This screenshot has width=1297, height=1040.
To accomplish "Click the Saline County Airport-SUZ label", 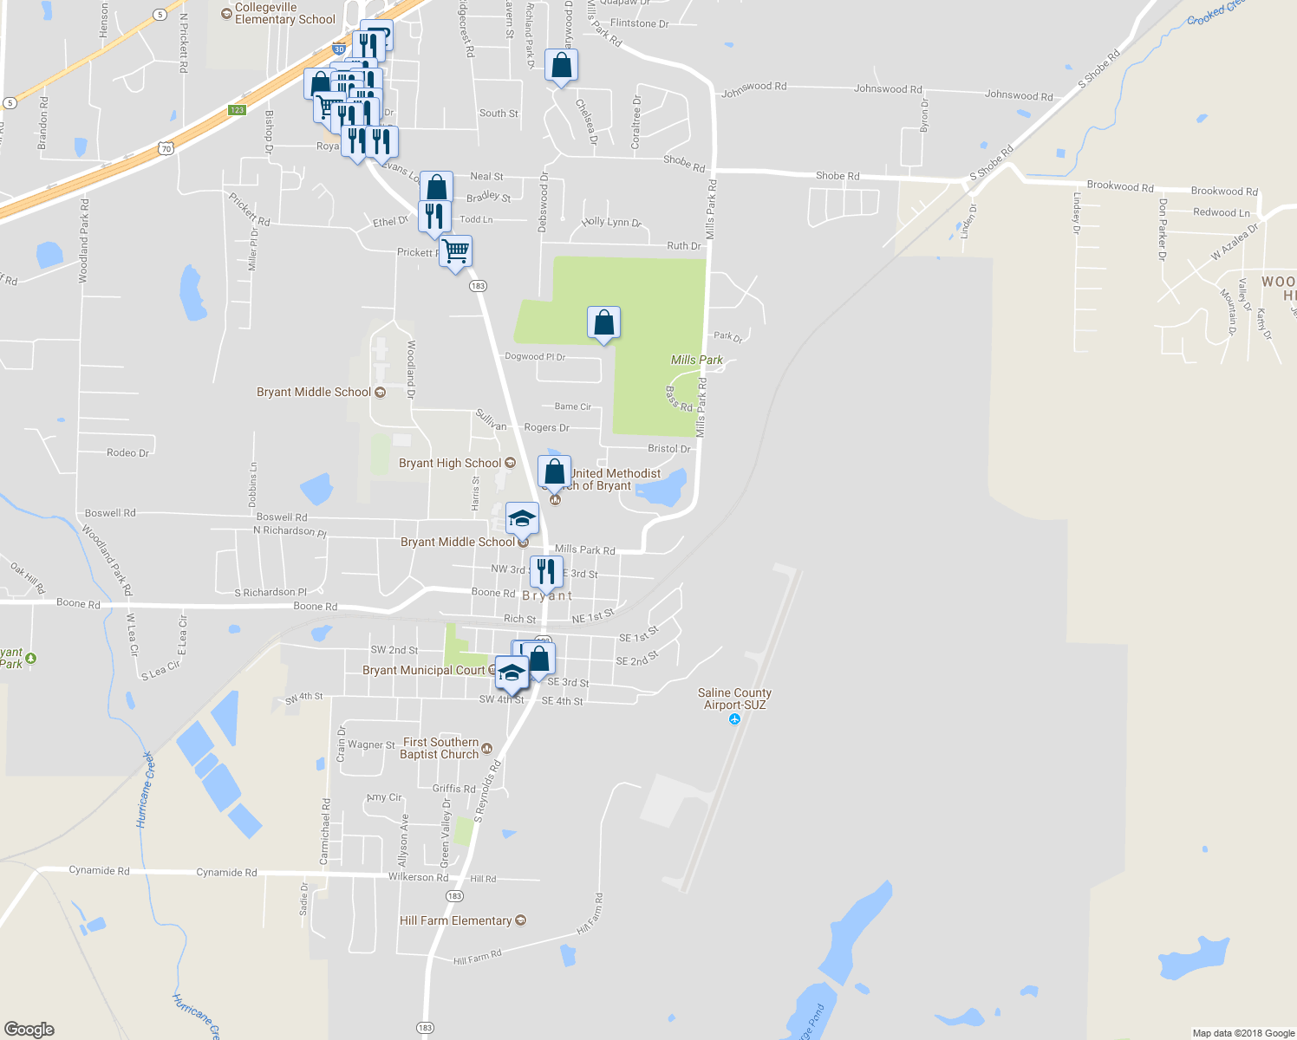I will point(734,699).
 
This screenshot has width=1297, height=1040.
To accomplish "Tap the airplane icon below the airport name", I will point(735,719).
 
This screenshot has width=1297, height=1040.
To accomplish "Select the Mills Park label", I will point(696,360).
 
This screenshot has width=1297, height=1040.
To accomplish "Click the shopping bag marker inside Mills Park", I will point(603,322).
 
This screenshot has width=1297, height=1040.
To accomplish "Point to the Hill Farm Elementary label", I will point(455,920).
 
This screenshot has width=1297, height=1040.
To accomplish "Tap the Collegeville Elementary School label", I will point(284,13).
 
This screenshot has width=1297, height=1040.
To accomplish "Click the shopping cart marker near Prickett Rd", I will point(455,251).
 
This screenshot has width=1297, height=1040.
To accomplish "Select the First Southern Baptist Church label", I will point(440,748).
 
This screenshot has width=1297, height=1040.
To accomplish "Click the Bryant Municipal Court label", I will point(423,670).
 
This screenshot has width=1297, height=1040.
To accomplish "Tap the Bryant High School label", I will point(449,463).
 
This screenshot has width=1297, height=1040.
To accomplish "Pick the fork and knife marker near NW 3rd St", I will point(545,571).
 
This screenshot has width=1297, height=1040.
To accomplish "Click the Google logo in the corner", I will point(29,1030).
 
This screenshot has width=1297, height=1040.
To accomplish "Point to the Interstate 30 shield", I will point(338,49).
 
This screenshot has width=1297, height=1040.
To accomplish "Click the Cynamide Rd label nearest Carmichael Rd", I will point(226,873).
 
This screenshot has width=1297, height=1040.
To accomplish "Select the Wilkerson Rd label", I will point(419,877).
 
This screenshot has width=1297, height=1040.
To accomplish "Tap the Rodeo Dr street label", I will point(127,452).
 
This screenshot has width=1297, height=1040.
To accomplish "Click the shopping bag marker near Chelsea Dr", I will point(561,65).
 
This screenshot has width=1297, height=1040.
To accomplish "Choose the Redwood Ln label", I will point(1221,212).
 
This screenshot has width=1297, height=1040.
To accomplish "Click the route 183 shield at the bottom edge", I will point(424,1028).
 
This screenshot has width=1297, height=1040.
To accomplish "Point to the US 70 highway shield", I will point(166,148).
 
